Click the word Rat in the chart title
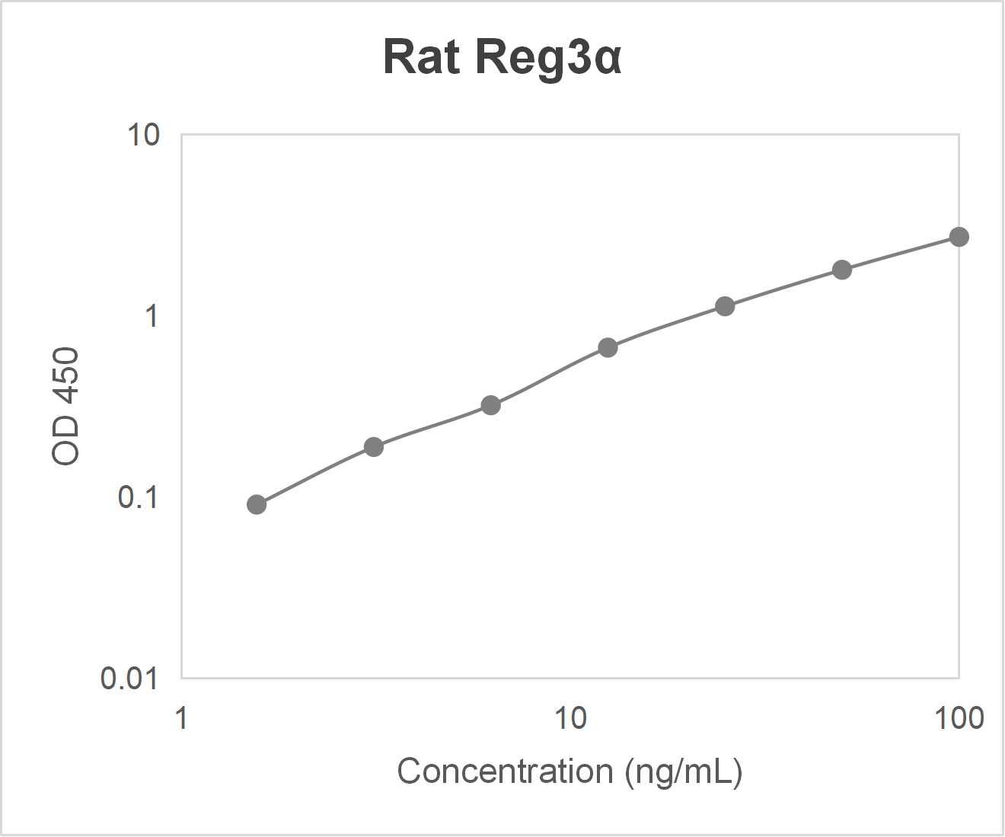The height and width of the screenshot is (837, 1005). (x=422, y=57)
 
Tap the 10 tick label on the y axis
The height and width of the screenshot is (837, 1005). (x=143, y=135)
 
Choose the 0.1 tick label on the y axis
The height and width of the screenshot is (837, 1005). (x=138, y=497)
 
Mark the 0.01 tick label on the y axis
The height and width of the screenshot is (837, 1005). (x=129, y=678)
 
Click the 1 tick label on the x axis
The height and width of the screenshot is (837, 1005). (x=181, y=717)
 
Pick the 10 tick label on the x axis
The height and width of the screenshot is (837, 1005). (x=569, y=717)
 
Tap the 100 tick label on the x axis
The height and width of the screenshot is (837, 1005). (x=959, y=717)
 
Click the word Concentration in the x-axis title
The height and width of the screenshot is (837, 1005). (x=504, y=771)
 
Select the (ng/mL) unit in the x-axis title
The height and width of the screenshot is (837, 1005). (x=683, y=771)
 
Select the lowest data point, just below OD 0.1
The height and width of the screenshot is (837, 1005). (x=257, y=504)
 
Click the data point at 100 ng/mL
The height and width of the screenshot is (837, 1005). (x=959, y=237)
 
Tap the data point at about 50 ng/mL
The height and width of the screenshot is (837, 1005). (x=841, y=270)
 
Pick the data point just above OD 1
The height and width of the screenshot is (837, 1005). (x=725, y=306)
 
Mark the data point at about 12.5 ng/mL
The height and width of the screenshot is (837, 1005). (x=608, y=347)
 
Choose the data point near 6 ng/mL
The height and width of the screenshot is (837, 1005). (x=491, y=405)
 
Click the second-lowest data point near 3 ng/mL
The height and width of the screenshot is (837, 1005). (x=374, y=446)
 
